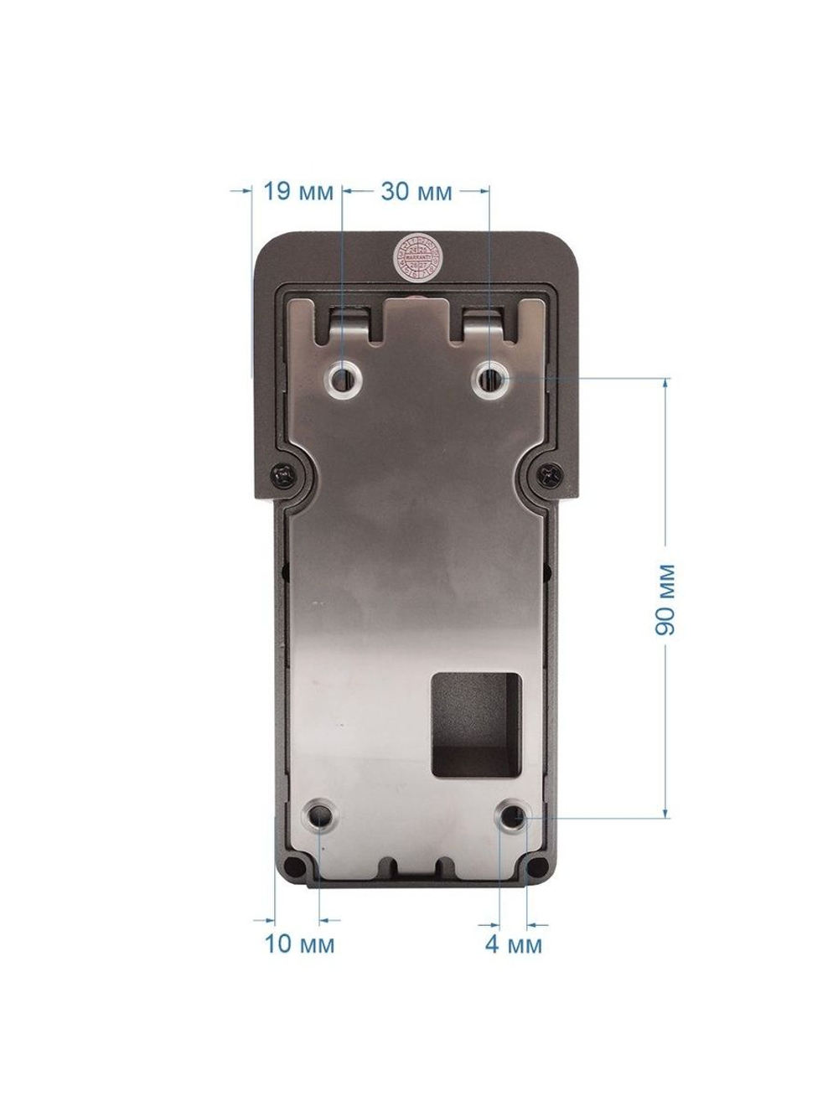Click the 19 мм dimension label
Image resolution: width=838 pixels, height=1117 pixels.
(x=298, y=193)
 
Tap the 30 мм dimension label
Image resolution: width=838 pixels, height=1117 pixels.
(x=416, y=193)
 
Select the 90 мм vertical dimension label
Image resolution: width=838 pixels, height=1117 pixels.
(x=665, y=599)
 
